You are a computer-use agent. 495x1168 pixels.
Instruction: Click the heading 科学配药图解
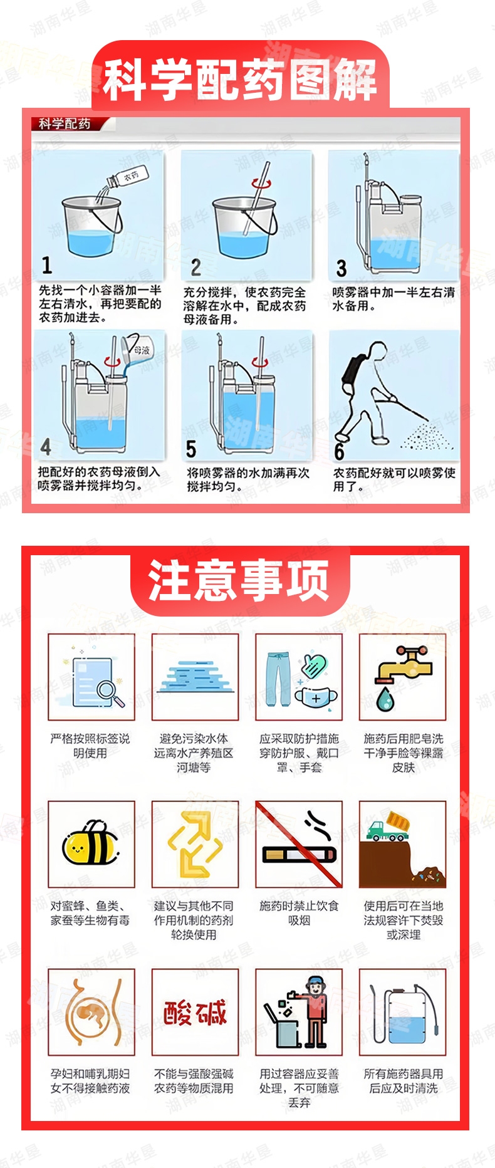(x=240, y=80)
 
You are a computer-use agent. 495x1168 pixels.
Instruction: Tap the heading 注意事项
(x=239, y=581)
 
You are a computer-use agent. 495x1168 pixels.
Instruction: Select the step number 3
(x=341, y=268)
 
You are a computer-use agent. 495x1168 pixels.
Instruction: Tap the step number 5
(x=191, y=449)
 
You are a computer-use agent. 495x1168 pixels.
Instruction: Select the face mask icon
(x=316, y=697)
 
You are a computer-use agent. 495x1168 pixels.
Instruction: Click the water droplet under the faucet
(x=385, y=699)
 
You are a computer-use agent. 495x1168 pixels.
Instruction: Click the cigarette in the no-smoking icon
(x=300, y=853)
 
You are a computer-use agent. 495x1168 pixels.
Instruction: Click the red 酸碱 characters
(x=195, y=1013)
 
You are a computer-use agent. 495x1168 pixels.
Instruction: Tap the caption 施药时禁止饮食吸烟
(x=299, y=913)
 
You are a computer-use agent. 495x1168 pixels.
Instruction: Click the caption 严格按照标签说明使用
(x=90, y=746)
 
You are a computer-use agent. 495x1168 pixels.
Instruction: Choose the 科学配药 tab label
(x=65, y=124)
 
